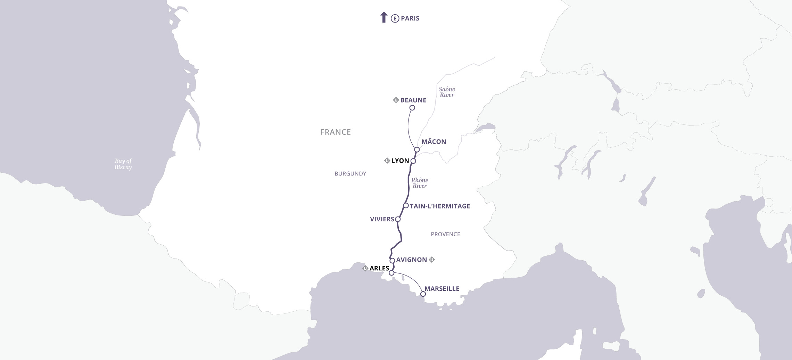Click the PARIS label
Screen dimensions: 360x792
[x=410, y=18]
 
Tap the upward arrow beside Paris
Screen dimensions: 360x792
[x=383, y=17]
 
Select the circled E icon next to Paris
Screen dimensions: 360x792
[x=395, y=19]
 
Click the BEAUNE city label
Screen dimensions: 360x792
[x=413, y=100]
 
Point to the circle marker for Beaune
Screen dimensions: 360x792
[x=412, y=108]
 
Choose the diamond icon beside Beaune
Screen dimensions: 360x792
[x=396, y=100]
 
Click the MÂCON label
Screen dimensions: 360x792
[x=434, y=142]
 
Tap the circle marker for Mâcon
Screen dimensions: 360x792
[x=417, y=149]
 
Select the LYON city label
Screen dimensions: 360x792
[x=400, y=161]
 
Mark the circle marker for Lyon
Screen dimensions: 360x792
[x=413, y=161]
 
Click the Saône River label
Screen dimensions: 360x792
[x=447, y=92]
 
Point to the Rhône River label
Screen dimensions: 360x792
[x=420, y=183]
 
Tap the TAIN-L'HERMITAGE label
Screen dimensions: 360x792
[x=440, y=206]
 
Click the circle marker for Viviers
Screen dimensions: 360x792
[x=398, y=219]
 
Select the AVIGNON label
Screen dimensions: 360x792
[x=411, y=260]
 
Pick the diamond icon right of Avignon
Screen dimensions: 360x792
[x=432, y=260]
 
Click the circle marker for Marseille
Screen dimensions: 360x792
[x=423, y=294]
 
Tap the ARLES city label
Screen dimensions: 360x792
[x=379, y=268]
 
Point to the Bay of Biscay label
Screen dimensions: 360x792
[x=123, y=164]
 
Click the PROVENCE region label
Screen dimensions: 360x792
[x=445, y=234]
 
